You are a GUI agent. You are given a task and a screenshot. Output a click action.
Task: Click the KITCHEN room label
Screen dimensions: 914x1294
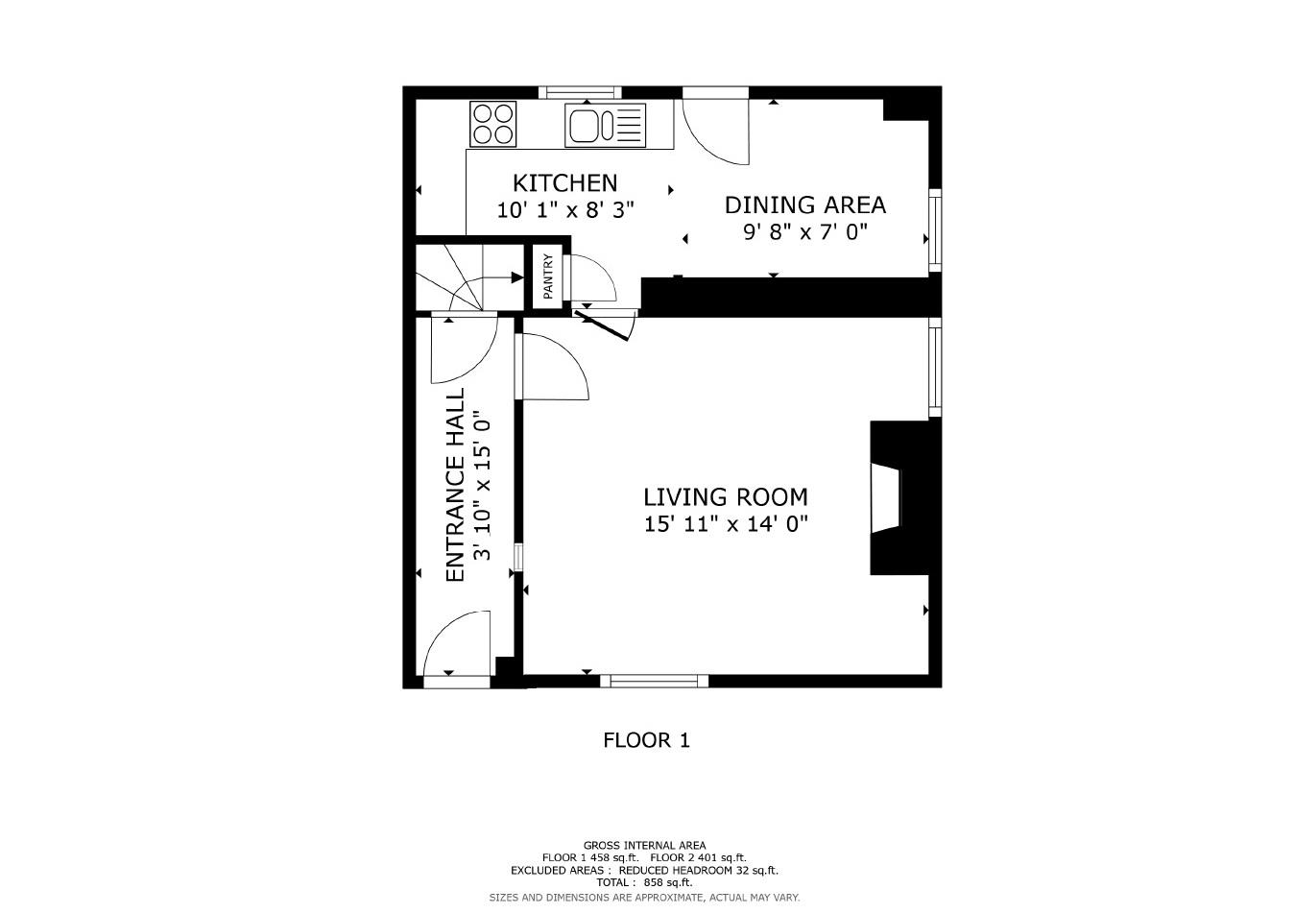click(x=564, y=182)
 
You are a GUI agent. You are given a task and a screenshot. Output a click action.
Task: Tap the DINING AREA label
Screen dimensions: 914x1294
click(x=804, y=204)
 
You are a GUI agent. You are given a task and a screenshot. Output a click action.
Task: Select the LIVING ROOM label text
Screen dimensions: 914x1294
click(x=725, y=496)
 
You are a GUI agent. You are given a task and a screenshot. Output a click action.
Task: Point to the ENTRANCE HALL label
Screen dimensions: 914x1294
click(x=455, y=484)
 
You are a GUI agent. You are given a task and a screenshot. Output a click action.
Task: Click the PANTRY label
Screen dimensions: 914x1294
click(x=548, y=277)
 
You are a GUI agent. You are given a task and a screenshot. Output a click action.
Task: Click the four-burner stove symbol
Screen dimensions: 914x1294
click(x=493, y=124)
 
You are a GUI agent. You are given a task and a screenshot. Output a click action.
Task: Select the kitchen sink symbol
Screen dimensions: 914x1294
click(x=605, y=125)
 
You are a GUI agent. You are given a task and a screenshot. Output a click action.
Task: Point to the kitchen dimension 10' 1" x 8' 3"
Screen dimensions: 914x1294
click(x=564, y=210)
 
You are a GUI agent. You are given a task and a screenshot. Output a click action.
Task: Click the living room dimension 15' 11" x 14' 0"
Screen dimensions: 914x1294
click(x=725, y=524)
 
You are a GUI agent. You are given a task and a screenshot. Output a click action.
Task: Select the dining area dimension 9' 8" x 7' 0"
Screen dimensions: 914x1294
click(x=804, y=232)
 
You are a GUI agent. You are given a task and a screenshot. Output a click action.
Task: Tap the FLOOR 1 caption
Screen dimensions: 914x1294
click(x=646, y=740)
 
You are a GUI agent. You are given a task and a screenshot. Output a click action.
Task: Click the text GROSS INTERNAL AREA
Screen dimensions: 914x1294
click(x=644, y=846)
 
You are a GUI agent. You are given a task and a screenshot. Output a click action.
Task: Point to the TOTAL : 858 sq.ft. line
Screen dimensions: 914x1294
click(x=644, y=882)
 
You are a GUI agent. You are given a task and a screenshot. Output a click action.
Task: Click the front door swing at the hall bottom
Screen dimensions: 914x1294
click(x=458, y=646)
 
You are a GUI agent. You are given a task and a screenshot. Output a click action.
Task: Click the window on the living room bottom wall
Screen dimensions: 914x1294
click(x=654, y=681)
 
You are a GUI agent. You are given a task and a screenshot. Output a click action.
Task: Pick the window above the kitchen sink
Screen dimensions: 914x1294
click(x=579, y=92)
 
